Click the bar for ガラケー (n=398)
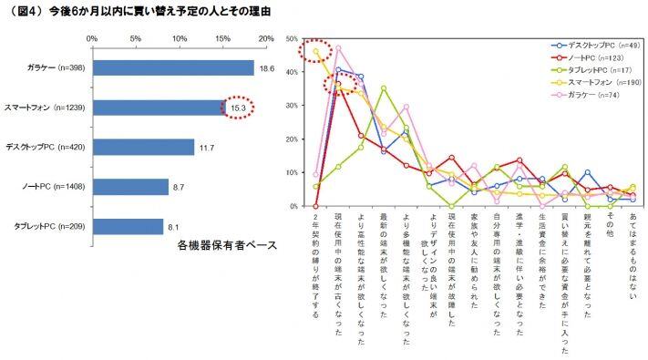[x=172, y=68]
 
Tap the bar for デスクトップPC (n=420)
[x=142, y=147]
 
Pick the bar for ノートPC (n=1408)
[x=129, y=187]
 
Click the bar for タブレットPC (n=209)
[x=127, y=226]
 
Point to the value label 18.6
[x=266, y=68]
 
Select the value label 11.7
[x=206, y=147]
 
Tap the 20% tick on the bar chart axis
[x=266, y=39]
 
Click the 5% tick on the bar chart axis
[x=135, y=39]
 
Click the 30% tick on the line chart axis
[x=292, y=106]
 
